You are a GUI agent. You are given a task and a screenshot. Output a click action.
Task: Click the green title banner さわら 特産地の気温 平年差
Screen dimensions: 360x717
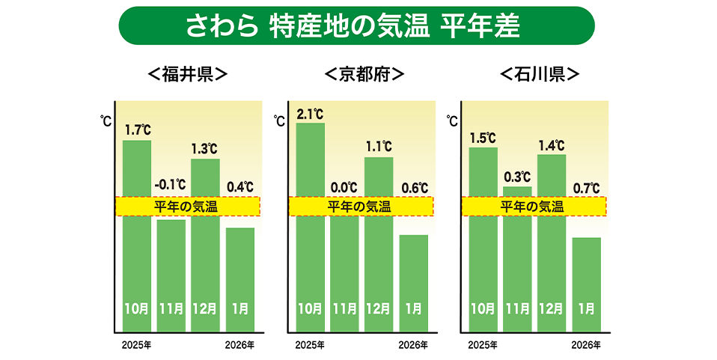click(356, 26)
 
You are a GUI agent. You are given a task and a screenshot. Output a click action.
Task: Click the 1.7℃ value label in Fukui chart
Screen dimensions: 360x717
click(138, 130)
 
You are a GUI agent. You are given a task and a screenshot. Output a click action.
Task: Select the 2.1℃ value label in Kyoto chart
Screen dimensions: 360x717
click(311, 115)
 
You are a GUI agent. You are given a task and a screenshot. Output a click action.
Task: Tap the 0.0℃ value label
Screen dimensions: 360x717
click(344, 187)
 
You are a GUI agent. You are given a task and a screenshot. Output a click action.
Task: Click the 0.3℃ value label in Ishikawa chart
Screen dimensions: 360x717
click(516, 177)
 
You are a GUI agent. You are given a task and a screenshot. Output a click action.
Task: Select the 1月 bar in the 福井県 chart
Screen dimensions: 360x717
click(240, 277)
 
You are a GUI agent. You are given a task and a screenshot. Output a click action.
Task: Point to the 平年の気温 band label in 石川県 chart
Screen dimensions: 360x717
click(533, 207)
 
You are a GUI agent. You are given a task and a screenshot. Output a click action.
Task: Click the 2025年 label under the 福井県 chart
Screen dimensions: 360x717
click(137, 345)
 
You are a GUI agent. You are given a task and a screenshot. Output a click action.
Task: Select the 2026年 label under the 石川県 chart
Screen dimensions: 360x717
click(586, 345)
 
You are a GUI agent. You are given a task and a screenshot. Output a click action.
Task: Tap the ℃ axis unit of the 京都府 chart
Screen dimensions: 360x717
click(279, 120)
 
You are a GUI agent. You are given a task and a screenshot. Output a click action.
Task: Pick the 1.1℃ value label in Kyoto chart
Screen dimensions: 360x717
click(379, 147)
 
